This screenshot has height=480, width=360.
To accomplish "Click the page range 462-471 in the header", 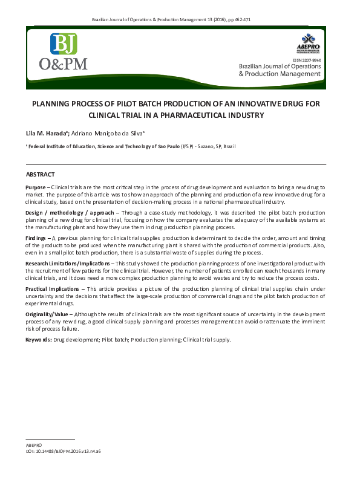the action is click(x=240, y=20).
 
